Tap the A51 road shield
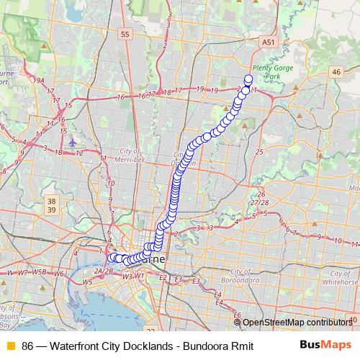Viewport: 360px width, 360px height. [268, 43]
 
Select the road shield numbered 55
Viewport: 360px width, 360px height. [125, 34]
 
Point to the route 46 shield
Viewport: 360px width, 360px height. [336, 71]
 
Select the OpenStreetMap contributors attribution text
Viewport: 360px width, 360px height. [297, 323]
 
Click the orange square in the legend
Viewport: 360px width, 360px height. [10, 344]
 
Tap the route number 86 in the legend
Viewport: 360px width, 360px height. [28, 344]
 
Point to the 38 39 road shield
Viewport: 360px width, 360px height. [51, 205]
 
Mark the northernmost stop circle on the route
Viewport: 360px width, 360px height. [249, 79]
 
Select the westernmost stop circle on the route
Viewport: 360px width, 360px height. [110, 258]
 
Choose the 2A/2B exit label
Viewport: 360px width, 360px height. [103, 271]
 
